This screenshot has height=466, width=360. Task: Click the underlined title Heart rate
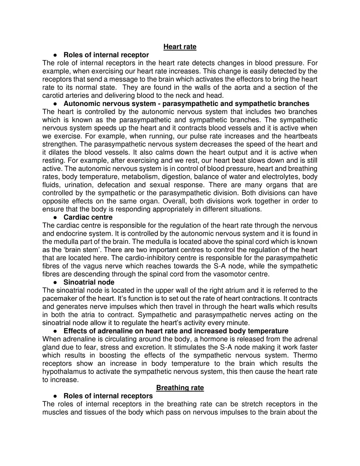[180, 47]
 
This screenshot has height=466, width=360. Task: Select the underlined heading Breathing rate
[180, 387]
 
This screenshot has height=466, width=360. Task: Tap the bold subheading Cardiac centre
[88, 217]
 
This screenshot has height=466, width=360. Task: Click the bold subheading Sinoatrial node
[89, 282]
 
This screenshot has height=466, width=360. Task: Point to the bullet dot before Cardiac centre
[55, 217]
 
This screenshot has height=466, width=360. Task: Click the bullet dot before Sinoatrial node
[55, 282]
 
